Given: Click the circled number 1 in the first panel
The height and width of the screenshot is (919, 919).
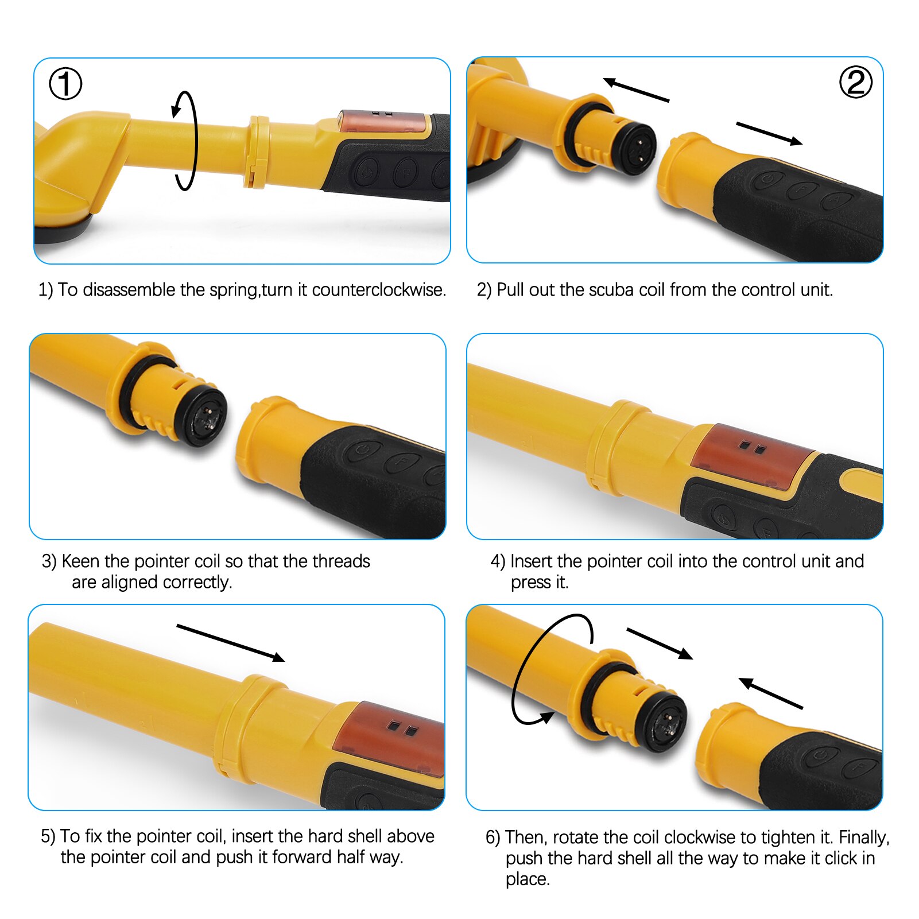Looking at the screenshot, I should (x=65, y=84).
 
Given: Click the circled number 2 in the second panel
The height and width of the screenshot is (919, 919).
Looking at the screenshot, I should (x=855, y=82).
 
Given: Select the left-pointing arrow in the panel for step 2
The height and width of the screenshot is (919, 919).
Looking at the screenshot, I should (x=636, y=90).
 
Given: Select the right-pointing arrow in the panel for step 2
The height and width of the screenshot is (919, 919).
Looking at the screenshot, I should (x=769, y=133).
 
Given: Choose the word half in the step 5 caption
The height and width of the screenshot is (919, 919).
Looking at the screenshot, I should (x=351, y=857).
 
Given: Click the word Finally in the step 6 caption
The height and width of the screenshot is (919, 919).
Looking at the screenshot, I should (x=863, y=837).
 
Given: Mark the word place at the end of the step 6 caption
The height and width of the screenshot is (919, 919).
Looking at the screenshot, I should (x=527, y=879).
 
